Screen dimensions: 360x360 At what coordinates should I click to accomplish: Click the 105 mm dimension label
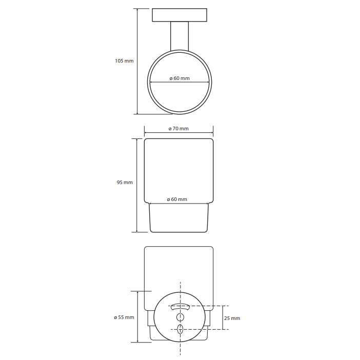point(124,61)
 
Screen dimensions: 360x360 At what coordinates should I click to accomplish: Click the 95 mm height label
point(125,182)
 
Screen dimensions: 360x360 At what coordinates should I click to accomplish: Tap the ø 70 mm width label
point(178,129)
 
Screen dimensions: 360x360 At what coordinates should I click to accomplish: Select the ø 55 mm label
point(124,317)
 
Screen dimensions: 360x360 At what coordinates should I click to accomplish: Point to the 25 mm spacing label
point(232,318)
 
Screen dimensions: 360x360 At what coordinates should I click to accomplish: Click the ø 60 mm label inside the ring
point(179,78)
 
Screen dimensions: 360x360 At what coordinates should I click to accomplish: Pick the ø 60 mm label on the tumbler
point(177,199)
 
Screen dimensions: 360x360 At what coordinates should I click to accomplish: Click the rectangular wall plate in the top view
point(179,15)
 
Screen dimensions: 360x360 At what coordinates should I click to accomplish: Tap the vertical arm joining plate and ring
point(179,36)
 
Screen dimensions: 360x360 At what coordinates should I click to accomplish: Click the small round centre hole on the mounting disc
point(180,317)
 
